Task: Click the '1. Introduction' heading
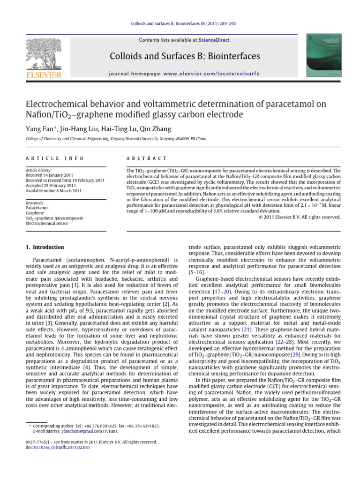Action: [45, 247]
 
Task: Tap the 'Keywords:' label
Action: [35, 203]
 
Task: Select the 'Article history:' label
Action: [39, 171]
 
